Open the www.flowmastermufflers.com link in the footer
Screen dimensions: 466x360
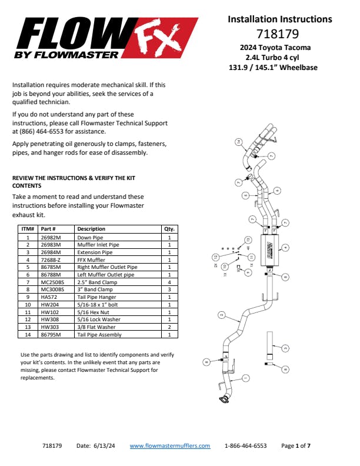(x=169, y=446)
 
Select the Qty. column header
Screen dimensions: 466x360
(x=168, y=229)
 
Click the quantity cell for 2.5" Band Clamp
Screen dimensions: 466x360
(x=169, y=282)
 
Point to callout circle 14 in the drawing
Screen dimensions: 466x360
(x=239, y=142)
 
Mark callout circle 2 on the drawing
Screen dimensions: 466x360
(x=221, y=315)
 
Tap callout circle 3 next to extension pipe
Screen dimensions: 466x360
(x=285, y=348)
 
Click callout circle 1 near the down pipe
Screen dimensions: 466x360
(x=245, y=378)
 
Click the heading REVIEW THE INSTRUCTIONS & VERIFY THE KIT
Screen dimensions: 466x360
(x=73, y=178)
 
